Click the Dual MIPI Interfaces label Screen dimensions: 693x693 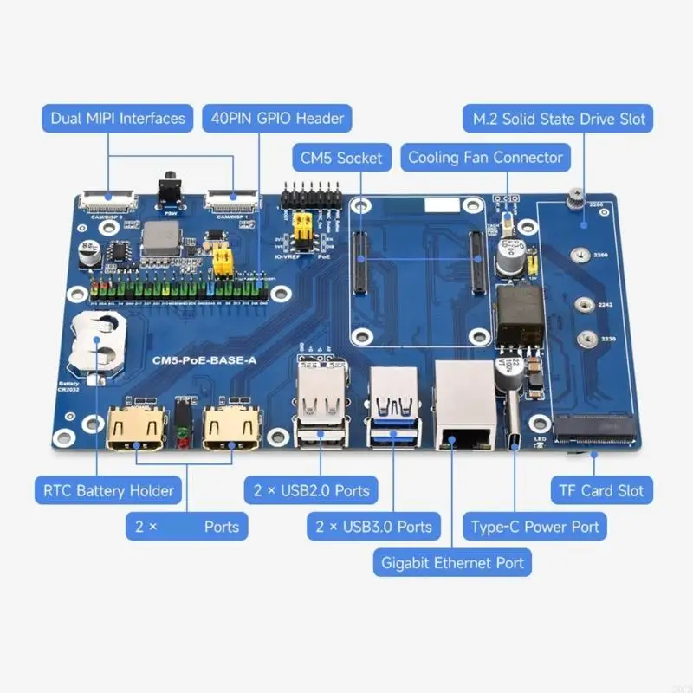click(118, 118)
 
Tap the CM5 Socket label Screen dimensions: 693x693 click(340, 157)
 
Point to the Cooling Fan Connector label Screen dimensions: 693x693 click(485, 157)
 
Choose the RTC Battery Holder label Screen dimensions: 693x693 click(108, 490)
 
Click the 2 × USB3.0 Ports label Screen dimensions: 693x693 click(373, 526)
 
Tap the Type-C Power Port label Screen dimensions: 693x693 click(534, 526)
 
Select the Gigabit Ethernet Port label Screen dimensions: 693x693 click(453, 562)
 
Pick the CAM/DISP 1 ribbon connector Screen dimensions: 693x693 click(231, 203)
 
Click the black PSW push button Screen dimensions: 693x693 click(171, 190)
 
